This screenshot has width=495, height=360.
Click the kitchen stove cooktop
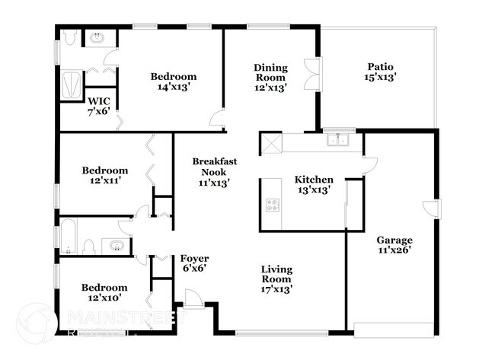coord(272,204)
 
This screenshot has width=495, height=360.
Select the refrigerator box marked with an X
coord(270,143)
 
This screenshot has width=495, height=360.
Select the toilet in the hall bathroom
coord(88,246)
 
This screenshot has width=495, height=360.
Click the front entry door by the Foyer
coord(193,301)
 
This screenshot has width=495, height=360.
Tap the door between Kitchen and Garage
coord(369,162)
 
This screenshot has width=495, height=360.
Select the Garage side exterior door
coord(432,209)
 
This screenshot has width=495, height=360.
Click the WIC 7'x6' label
coord(99,105)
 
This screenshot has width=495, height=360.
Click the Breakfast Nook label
coord(214,171)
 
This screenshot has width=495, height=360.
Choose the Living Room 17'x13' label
coord(277,279)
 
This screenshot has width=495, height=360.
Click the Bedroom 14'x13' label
coord(173,81)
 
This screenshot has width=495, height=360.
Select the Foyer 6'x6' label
coord(194,263)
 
